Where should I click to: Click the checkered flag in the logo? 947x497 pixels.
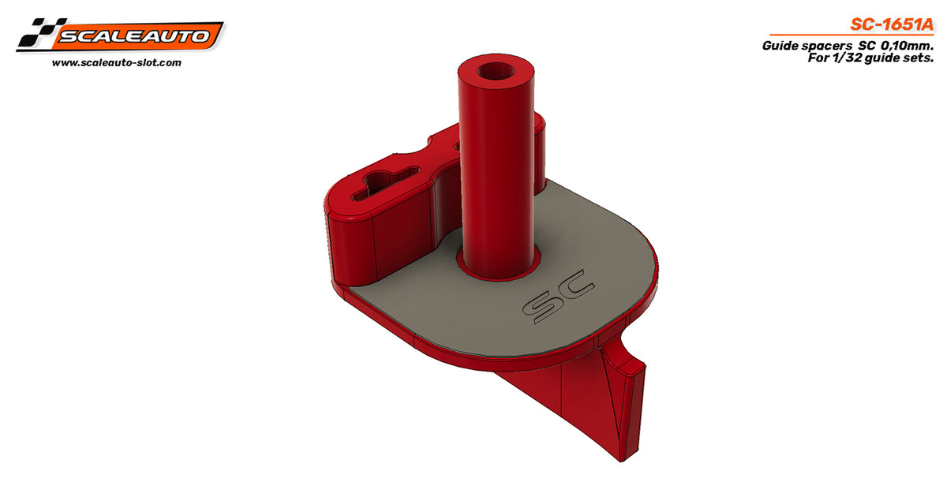click(40, 33)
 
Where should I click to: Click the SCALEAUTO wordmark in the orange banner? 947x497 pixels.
click(134, 36)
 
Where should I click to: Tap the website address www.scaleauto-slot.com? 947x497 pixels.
click(117, 63)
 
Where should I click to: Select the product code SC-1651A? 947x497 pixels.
click(891, 24)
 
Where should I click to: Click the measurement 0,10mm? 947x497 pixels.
click(907, 46)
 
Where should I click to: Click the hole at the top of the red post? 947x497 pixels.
click(495, 70)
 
